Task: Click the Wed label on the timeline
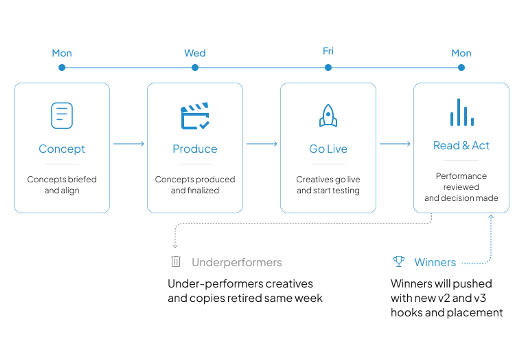(x=195, y=53)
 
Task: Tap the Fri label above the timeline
(x=328, y=51)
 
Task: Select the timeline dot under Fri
(x=328, y=68)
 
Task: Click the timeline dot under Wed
(x=195, y=68)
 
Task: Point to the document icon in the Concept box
(x=62, y=115)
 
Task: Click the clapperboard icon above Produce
(x=195, y=115)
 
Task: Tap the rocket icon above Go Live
(x=328, y=115)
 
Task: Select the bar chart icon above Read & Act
(x=462, y=112)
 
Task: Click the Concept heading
(x=62, y=149)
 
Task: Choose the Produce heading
(x=195, y=149)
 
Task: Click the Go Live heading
(x=328, y=149)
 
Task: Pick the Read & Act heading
(x=461, y=145)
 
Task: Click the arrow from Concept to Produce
(x=129, y=144)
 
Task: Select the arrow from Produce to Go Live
(x=262, y=144)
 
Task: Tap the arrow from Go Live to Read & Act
(x=395, y=144)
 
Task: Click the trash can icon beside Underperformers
(x=176, y=261)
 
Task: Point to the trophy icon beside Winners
(x=399, y=261)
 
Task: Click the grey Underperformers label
(x=237, y=262)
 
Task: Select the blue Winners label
(x=435, y=262)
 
